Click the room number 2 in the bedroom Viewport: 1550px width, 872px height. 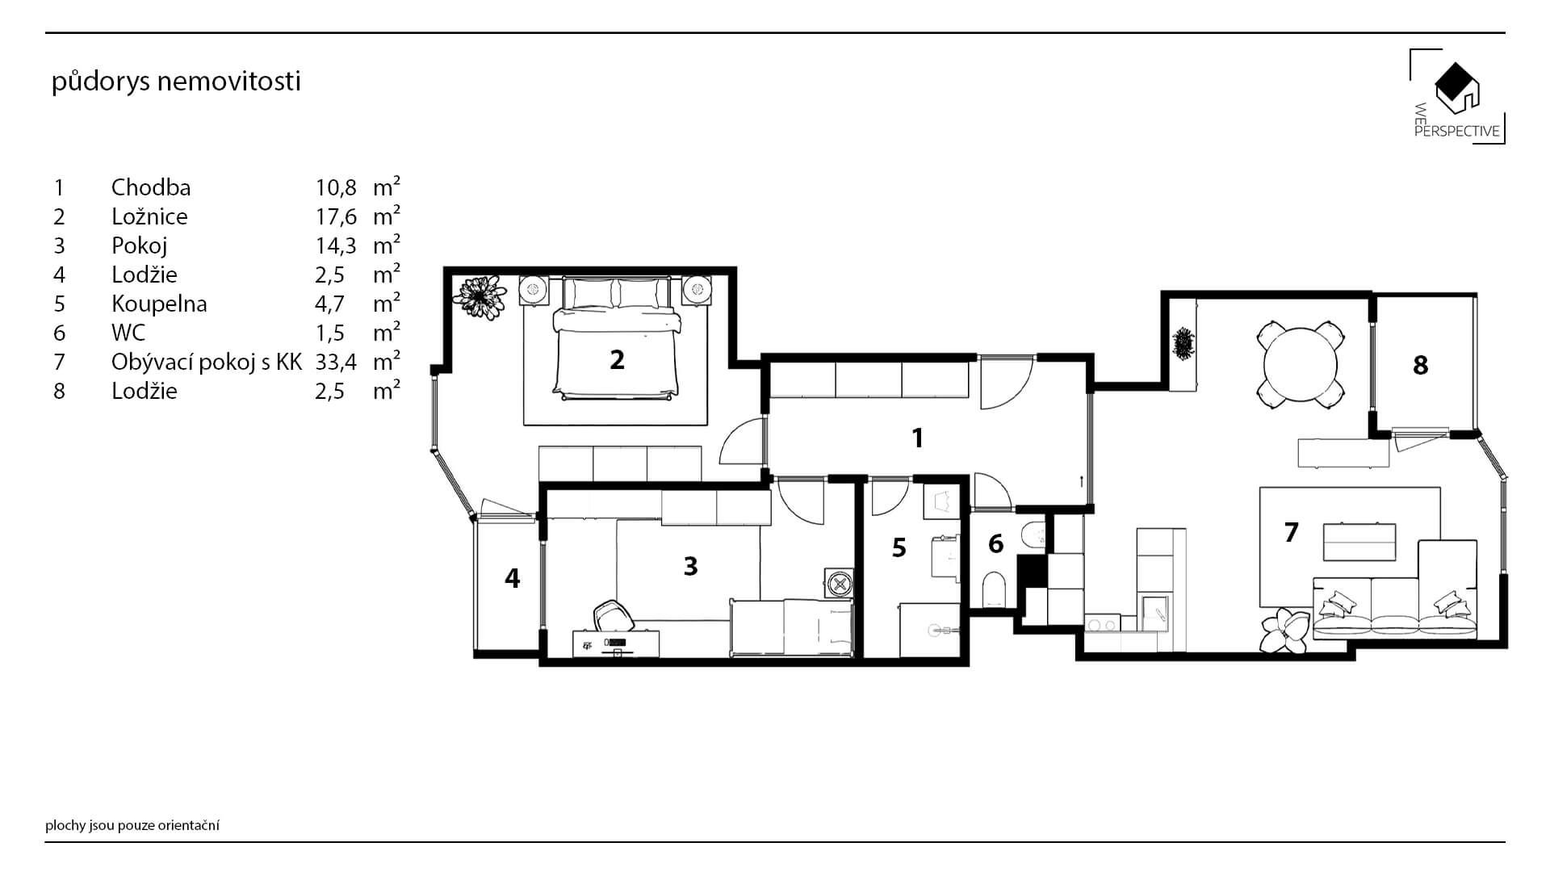tap(617, 359)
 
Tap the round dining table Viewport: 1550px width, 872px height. tap(1301, 365)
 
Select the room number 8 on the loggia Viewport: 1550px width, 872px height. tap(1421, 366)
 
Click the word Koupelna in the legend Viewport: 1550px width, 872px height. tap(159, 304)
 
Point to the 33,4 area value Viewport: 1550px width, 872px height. tap(336, 362)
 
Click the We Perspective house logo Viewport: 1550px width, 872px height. tap(1457, 96)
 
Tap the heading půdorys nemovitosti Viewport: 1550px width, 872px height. tap(176, 82)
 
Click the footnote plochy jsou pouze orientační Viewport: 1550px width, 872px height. tap(132, 825)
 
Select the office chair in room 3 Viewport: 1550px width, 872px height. tap(611, 617)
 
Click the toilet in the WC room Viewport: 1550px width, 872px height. tap(994, 589)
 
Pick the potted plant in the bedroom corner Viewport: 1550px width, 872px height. tap(480, 296)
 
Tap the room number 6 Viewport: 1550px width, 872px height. tap(995, 544)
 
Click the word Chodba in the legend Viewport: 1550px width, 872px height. tap(151, 187)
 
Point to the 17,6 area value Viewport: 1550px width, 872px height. tap(336, 216)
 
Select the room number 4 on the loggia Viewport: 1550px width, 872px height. tap(512, 578)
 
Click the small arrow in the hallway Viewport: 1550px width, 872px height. tap(1081, 482)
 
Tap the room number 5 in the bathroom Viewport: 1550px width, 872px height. tap(899, 548)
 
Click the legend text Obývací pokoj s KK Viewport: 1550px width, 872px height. tap(207, 362)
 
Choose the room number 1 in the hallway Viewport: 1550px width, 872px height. tap(917, 438)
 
